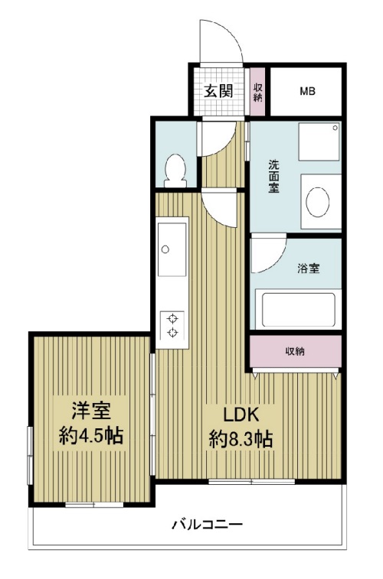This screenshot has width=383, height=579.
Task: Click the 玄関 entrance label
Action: [x=218, y=90]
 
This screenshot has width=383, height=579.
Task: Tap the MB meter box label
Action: [x=307, y=91]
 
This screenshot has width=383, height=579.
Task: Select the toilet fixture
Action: [x=175, y=171]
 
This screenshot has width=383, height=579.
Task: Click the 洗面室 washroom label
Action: [x=274, y=177]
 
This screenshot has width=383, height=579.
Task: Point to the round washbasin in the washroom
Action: [x=318, y=202]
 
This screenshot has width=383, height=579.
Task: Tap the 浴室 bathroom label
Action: [x=309, y=268]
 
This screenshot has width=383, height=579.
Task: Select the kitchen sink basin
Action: [x=172, y=249]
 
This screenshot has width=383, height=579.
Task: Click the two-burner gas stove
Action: [x=172, y=325]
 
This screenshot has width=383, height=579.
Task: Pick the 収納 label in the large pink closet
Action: [x=295, y=351]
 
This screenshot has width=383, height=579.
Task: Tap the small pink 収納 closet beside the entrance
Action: [x=257, y=91]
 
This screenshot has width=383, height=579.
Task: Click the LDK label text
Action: [x=241, y=415]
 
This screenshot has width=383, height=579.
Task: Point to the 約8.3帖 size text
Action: [x=241, y=439]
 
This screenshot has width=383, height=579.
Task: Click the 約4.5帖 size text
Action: [x=91, y=435]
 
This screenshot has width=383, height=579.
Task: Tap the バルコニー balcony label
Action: [x=208, y=524]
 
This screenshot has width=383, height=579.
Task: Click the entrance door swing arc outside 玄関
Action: [x=229, y=32]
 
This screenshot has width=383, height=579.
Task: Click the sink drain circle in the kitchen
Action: [x=165, y=249]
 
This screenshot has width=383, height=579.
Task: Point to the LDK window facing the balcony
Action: [x=252, y=481]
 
